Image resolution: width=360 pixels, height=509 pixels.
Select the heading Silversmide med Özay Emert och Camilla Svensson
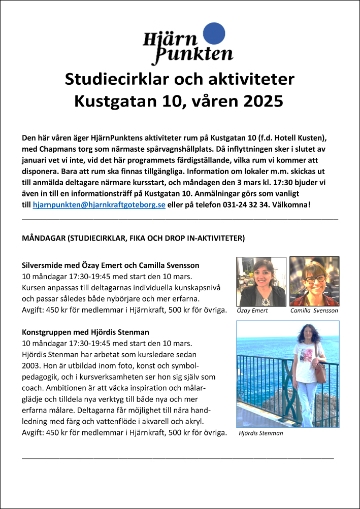pyautogui.click(x=111, y=265)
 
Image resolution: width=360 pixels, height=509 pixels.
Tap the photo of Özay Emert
pyautogui.click(x=261, y=281)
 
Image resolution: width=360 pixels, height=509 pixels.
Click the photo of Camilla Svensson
pyautogui.click(x=314, y=281)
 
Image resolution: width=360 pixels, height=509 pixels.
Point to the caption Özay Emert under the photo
pyautogui.click(x=252, y=311)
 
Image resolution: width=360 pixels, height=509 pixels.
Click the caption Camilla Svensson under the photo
pyautogui.click(x=314, y=311)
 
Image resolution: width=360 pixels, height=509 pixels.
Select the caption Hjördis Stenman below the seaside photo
pyautogui.click(x=261, y=433)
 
